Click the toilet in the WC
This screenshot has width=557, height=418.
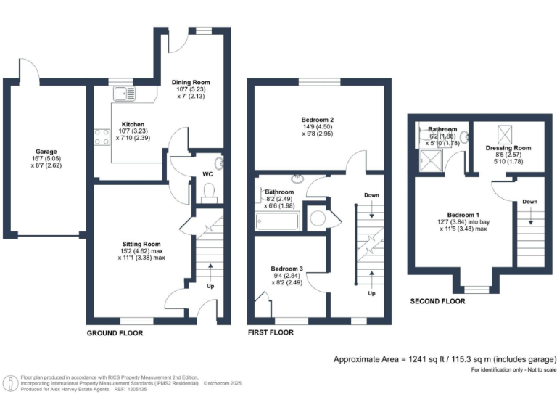209,192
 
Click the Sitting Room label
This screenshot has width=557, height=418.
141,244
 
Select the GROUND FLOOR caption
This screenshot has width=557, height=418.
115,333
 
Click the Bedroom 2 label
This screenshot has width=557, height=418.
317,120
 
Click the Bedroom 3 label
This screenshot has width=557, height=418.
286,269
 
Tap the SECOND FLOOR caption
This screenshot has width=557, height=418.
437,301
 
